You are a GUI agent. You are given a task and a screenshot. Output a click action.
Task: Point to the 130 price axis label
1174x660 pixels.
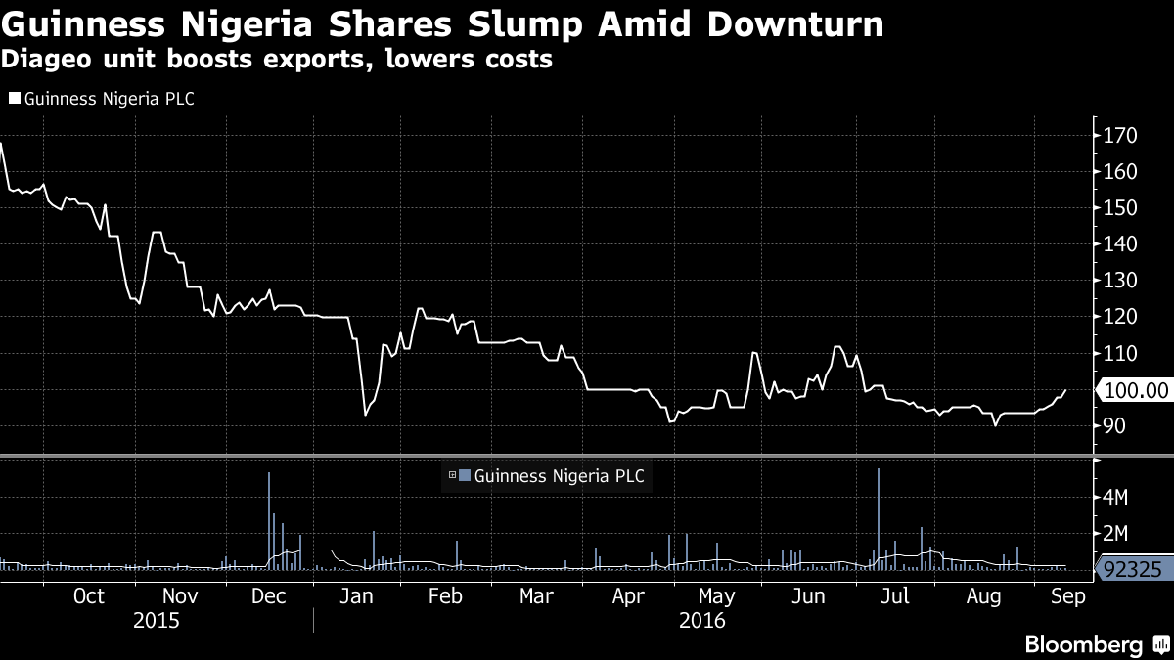[x=1121, y=281]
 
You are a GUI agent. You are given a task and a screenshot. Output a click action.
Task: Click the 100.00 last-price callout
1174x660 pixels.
[x=1136, y=390]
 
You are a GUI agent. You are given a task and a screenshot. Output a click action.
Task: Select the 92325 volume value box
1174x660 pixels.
[x=1134, y=568]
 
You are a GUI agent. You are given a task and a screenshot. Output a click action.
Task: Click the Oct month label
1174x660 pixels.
[x=89, y=596]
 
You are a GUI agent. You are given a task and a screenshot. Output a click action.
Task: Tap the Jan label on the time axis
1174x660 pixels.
[x=356, y=596]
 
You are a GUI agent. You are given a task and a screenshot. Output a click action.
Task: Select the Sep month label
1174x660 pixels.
[x=1067, y=596]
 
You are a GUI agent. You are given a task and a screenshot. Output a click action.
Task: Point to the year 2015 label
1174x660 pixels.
[x=157, y=620]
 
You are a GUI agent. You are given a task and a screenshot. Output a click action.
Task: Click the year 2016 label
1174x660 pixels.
[x=701, y=620]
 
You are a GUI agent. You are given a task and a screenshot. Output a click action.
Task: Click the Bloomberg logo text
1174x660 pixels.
[x=1083, y=644]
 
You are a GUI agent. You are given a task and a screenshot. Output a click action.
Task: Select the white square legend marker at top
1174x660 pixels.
[x=14, y=98]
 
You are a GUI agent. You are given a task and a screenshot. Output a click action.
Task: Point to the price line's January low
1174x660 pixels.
[x=365, y=416]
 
